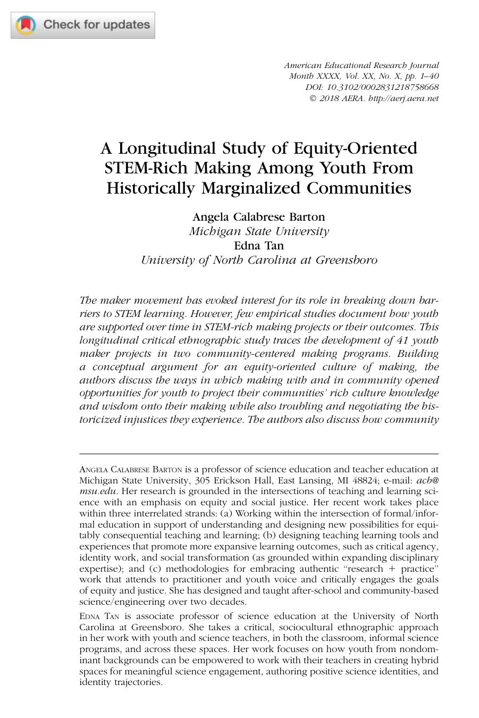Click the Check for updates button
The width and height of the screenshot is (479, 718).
(x=83, y=25)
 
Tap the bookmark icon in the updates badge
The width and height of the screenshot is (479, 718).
(x=26, y=25)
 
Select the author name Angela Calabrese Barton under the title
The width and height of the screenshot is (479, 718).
(x=258, y=216)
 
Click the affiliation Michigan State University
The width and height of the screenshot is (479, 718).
(x=259, y=231)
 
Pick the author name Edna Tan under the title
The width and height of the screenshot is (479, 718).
(x=259, y=245)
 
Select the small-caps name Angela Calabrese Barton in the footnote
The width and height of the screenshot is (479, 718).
(x=131, y=469)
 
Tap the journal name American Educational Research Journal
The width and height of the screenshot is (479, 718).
(x=361, y=65)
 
